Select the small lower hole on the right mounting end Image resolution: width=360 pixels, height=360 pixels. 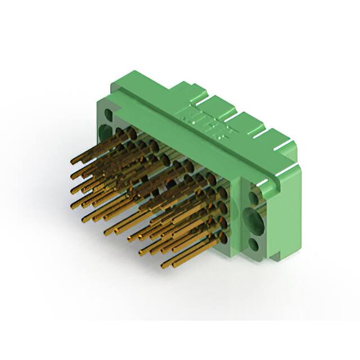(x=254, y=244)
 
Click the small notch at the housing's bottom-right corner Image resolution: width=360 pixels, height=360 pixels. (x=273, y=258)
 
